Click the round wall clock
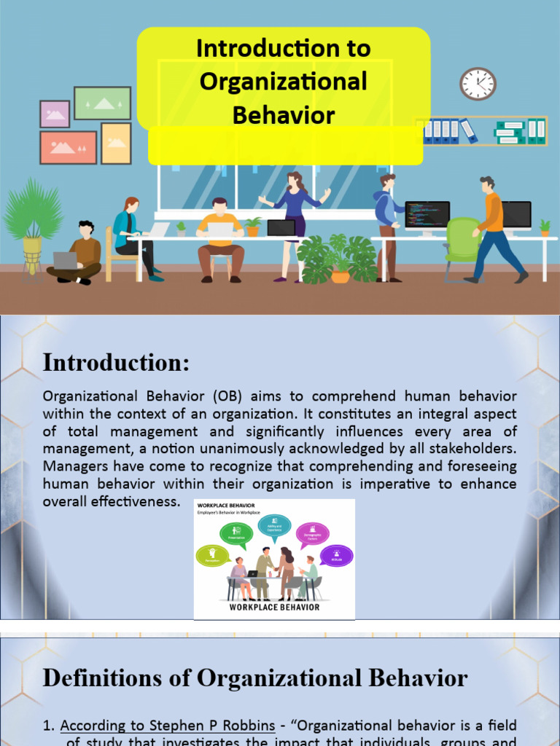478,84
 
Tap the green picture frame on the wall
102,103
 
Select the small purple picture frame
55,114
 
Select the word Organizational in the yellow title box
284,82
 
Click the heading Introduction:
116,362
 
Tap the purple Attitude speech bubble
336,557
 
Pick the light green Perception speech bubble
213,557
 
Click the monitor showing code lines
427,216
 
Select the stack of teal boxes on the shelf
510,132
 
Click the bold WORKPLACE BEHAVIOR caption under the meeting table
274,607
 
